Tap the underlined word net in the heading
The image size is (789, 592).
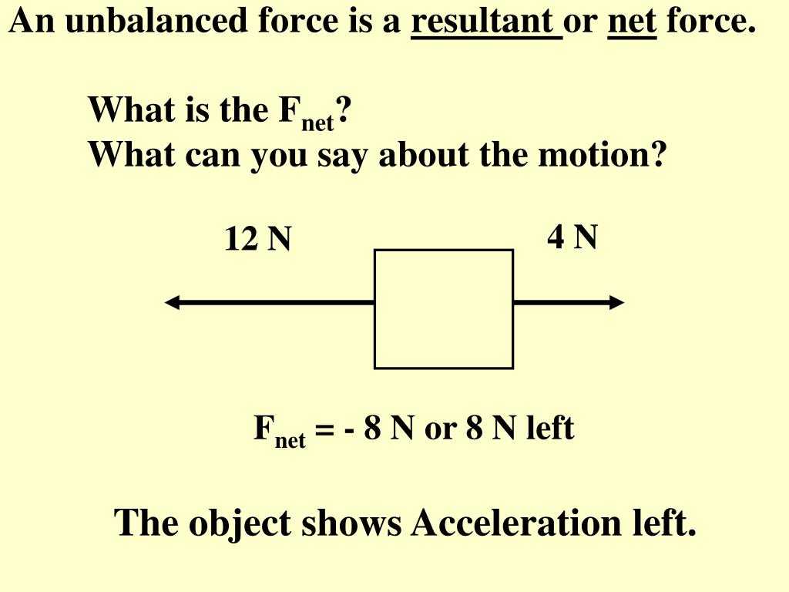(x=632, y=22)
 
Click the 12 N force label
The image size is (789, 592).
(x=257, y=240)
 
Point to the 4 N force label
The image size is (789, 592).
(x=572, y=237)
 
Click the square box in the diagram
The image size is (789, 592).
(x=444, y=308)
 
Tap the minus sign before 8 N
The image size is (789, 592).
(x=350, y=429)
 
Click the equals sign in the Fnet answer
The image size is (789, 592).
(x=324, y=429)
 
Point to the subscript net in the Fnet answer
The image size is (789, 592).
(x=290, y=440)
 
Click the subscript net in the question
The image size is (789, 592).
(x=317, y=122)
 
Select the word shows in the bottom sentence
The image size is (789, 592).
(x=352, y=523)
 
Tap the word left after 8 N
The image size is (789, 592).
(x=550, y=428)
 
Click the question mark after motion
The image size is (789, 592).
(x=657, y=155)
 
